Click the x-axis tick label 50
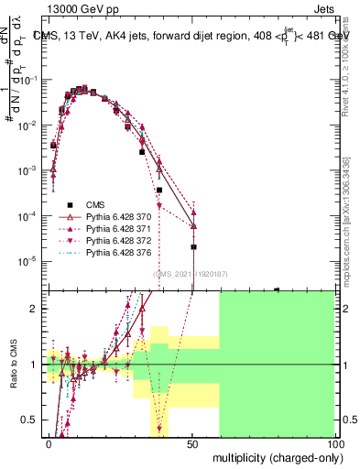coord(192,443)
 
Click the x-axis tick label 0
coord(49,443)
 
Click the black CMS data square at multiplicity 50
coord(193,246)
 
